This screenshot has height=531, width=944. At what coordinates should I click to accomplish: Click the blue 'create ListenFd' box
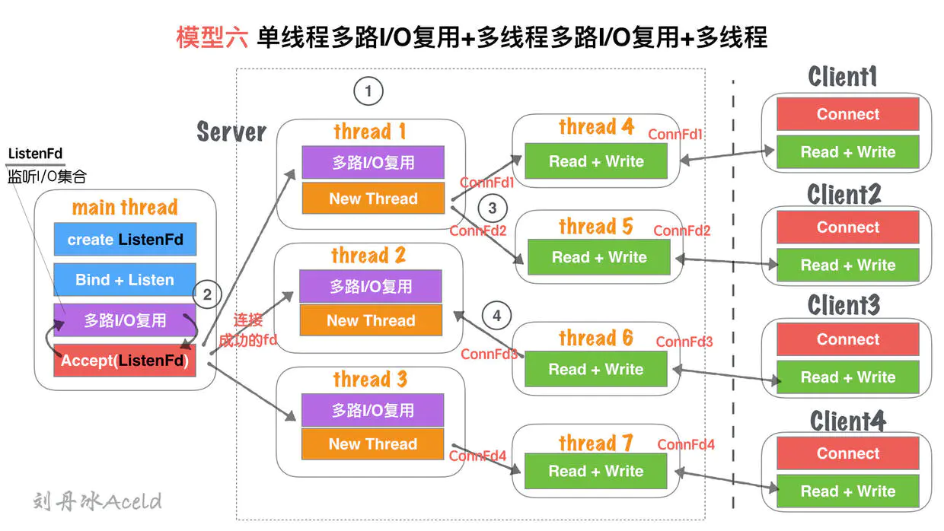pos(125,239)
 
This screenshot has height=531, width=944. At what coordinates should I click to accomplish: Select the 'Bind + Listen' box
pos(125,280)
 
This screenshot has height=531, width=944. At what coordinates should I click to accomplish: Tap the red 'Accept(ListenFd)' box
pos(125,361)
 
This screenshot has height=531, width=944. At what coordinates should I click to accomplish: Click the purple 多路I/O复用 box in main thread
pos(125,320)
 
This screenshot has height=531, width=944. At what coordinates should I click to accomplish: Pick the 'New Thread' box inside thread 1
pos(373,199)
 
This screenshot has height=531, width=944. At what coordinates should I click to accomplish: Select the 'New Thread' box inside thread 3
pos(373,444)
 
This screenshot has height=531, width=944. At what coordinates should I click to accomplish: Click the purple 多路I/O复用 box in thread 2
pos(371,287)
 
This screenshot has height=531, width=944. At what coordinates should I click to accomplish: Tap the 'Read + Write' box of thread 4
pos(596,161)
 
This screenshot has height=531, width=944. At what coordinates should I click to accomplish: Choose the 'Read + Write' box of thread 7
pos(596,471)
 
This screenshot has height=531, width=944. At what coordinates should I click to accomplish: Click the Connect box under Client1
pos(847,114)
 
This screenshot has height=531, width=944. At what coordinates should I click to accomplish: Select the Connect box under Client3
pos(847,339)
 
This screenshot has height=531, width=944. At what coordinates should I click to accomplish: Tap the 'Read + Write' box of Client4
pos(847,491)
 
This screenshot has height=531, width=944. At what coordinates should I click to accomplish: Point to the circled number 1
pos(368,92)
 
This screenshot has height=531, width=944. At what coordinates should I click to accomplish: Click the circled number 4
pos(496,315)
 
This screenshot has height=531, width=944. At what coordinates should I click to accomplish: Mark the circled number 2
pos(207,294)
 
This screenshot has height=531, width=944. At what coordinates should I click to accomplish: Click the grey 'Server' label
pos(231,132)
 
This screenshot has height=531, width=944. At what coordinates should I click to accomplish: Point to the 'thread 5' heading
pos(595,226)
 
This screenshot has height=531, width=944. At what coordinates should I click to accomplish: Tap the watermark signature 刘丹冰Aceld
pos(97,501)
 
